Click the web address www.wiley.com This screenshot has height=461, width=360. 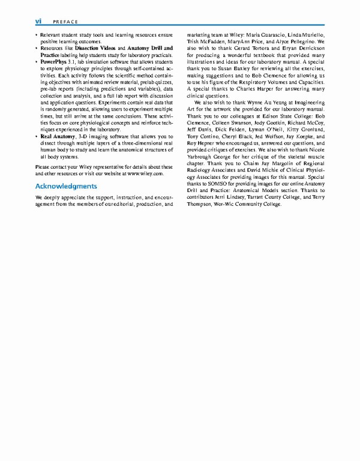tap(145, 173)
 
